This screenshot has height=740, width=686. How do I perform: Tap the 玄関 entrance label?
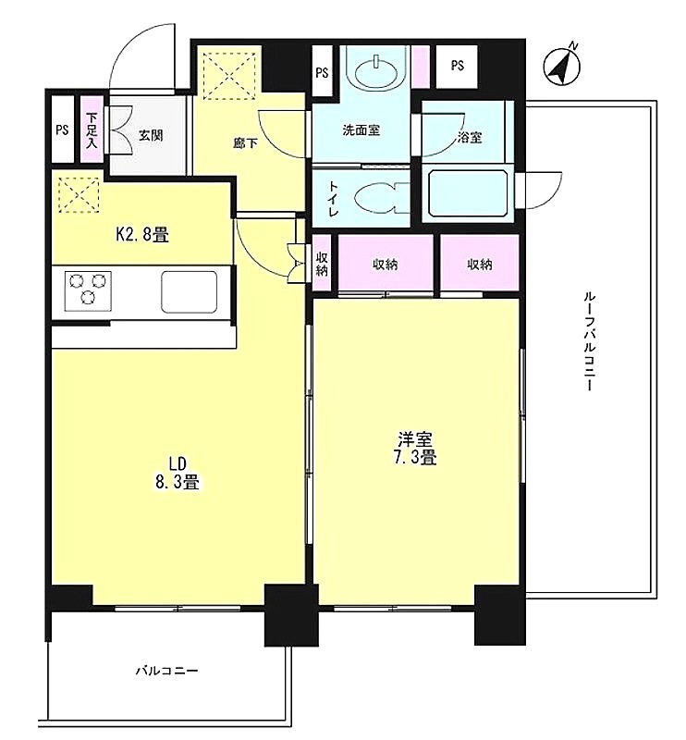click(x=151, y=136)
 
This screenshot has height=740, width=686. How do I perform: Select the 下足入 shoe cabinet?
click(x=91, y=129)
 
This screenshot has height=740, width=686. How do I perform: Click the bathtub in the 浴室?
click(x=467, y=192)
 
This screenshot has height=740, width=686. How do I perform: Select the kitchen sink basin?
click(x=190, y=291)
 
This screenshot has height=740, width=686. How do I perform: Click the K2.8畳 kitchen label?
click(x=142, y=234)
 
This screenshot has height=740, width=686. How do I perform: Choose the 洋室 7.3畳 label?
click(x=415, y=449)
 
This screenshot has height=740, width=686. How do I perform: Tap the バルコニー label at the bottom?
click(x=167, y=671)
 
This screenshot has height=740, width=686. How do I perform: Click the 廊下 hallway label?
click(x=245, y=143)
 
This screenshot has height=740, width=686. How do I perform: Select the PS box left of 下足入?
click(x=62, y=129)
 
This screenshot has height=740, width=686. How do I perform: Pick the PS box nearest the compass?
click(x=457, y=67)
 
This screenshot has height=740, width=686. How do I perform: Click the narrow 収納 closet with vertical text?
click(x=323, y=263)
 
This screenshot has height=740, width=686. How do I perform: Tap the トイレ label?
click(x=333, y=198)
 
